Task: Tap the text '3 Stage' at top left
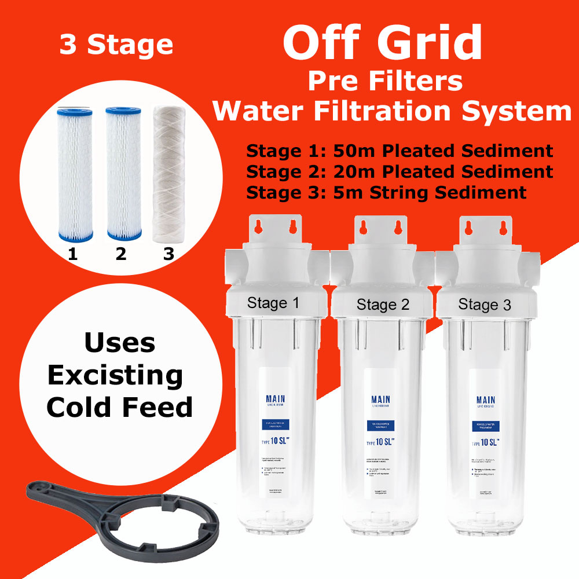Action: coord(116,45)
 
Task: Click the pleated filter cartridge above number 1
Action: coord(73,174)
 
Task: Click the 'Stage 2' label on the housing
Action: coord(383,304)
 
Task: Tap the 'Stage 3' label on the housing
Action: coord(485,305)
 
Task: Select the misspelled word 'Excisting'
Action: coord(115,376)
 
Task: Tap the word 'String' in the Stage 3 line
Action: coord(405,192)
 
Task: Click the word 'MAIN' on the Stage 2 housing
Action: coord(380,400)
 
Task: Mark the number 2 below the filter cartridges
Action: coord(120,254)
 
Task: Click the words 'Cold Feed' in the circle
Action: coord(119,407)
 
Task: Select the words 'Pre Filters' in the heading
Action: coord(385,81)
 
